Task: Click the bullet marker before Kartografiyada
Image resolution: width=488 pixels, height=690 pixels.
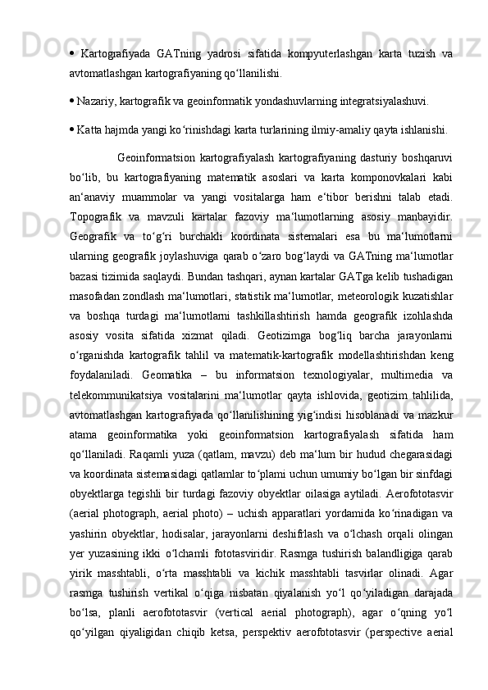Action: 72,54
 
